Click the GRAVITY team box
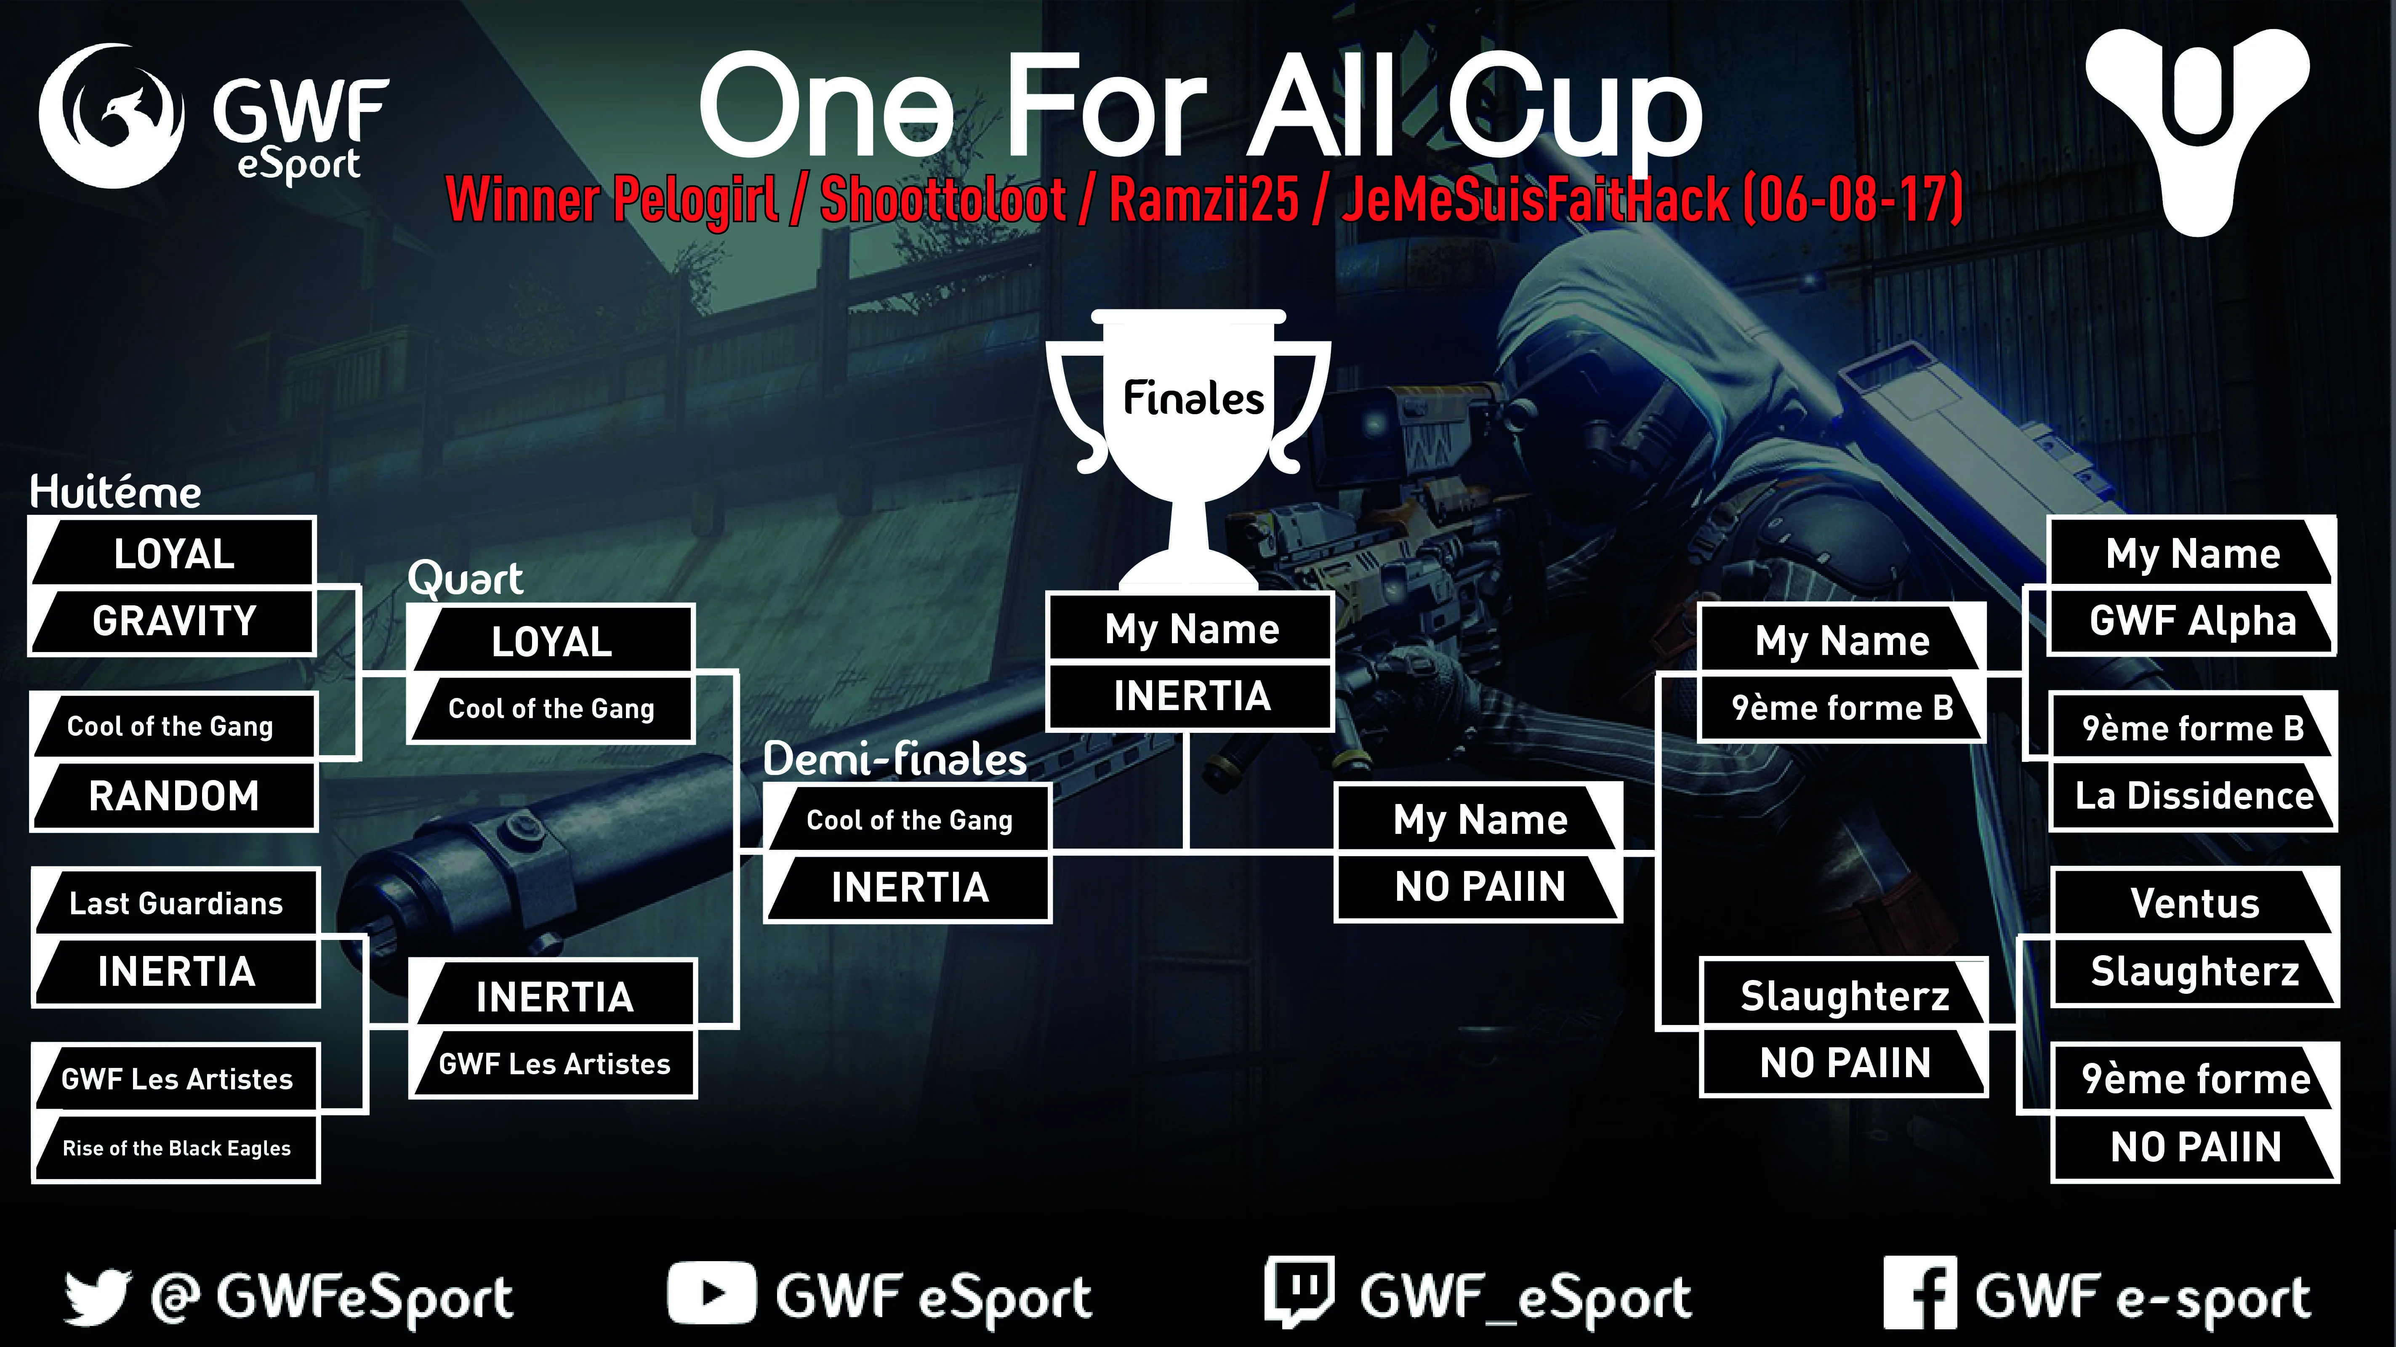(174, 620)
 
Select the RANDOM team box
(174, 796)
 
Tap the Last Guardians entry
(176, 903)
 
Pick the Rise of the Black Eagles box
(176, 1148)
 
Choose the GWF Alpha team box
(2192, 620)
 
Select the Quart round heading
(465, 579)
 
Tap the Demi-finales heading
(895, 759)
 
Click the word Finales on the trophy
(1193, 398)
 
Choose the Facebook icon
(1919, 1293)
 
